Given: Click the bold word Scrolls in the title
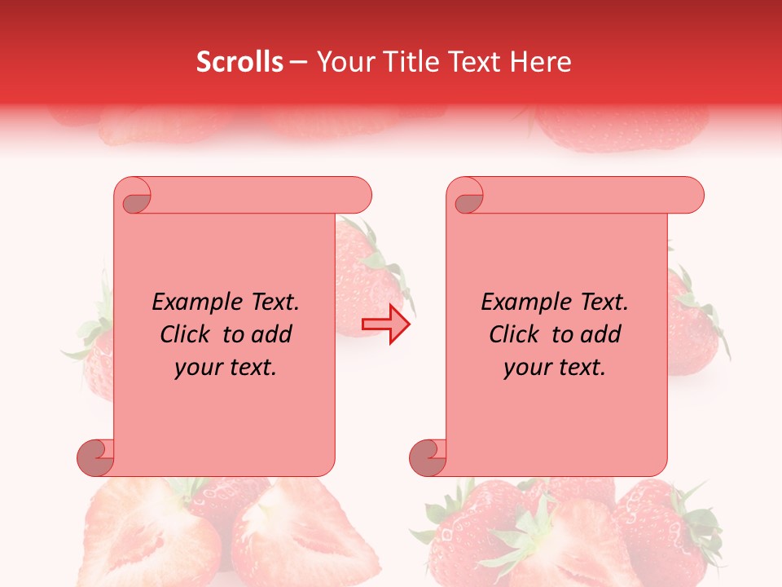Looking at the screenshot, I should [x=239, y=62].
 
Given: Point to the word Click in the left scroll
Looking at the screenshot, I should [x=187, y=334].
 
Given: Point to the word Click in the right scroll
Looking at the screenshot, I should [x=516, y=334].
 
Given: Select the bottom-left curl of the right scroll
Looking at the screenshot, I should [x=428, y=457].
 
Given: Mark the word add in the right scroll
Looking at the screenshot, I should [x=602, y=334].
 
